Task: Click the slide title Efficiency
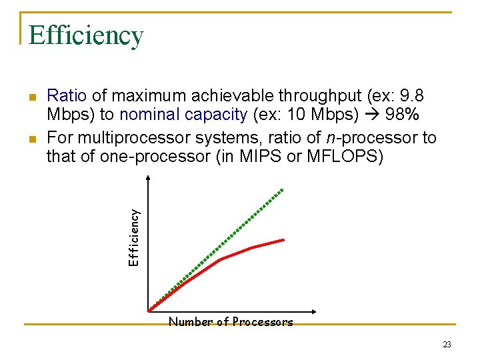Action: [86, 35]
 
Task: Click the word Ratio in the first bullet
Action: [67, 95]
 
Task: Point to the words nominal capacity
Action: [183, 114]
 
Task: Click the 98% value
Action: [402, 114]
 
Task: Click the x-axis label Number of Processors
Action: [231, 323]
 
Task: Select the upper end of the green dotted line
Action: [282, 190]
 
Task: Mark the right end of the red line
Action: [283, 239]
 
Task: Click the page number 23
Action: [446, 345]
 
